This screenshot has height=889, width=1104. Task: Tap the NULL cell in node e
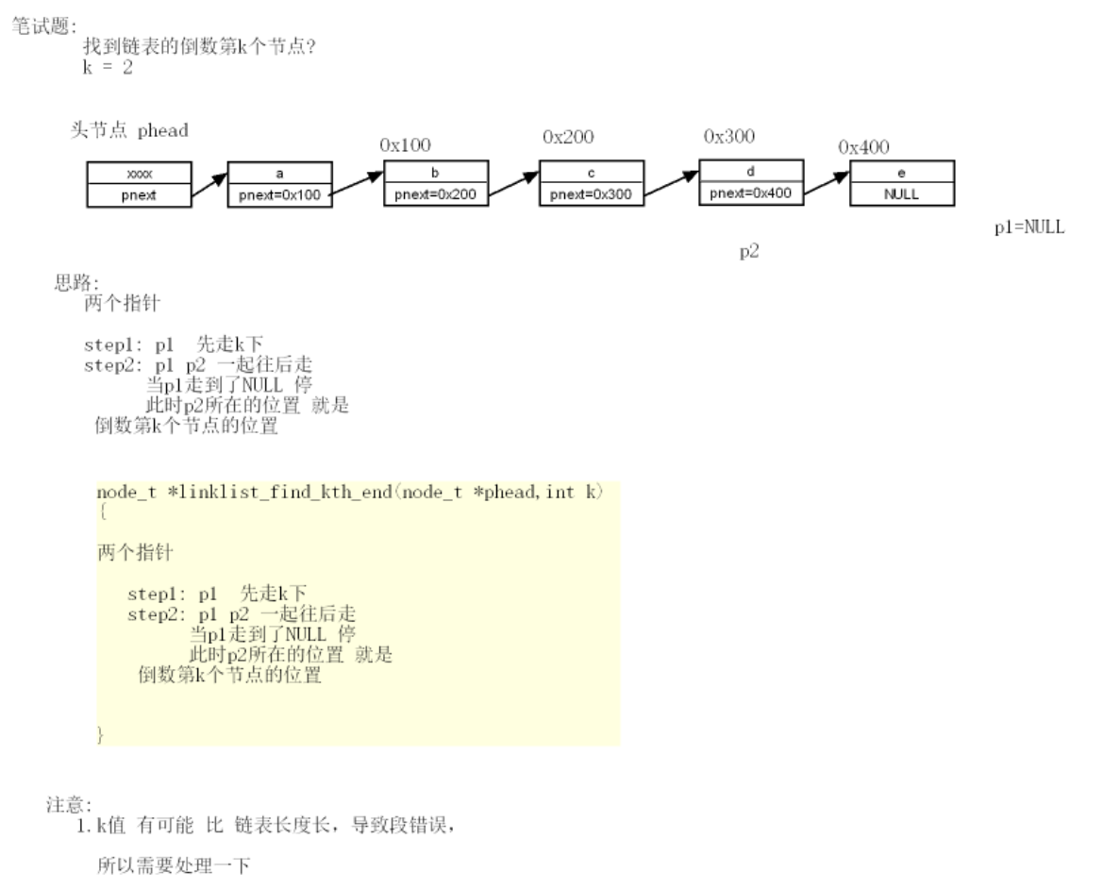coord(901,193)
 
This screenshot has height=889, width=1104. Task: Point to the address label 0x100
coord(405,145)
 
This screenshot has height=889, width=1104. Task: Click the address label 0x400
coord(863,147)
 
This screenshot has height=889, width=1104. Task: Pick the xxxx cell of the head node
coord(139,175)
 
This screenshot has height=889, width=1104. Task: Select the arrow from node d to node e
coord(827,184)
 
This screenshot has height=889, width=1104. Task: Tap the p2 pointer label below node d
coord(749,254)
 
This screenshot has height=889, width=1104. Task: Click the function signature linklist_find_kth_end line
coord(350,493)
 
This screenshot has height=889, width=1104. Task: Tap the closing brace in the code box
coord(101,733)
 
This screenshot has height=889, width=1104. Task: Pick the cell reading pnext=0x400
coord(751,193)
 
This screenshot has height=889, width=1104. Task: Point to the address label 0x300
coord(729,136)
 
